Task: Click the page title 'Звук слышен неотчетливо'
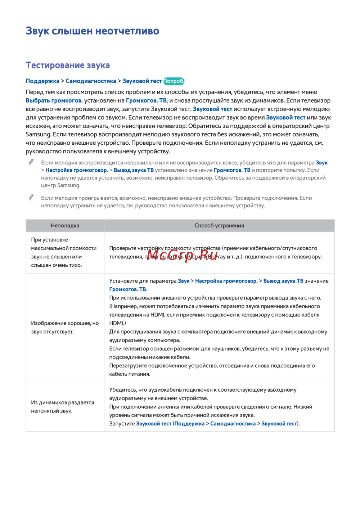click(x=92, y=31)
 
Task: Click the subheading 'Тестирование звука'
click(x=68, y=65)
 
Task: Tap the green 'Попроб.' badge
click(x=174, y=81)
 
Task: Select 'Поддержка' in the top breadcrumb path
click(x=42, y=81)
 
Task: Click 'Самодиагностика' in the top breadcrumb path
click(x=91, y=81)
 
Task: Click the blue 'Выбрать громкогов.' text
click(x=54, y=100)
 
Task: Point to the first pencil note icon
click(x=32, y=162)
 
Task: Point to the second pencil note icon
click(x=32, y=197)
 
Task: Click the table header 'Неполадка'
click(x=65, y=226)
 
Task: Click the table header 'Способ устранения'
click(x=219, y=226)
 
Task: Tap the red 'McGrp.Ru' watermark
click(x=182, y=256)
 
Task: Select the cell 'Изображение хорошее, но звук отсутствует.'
click(x=65, y=327)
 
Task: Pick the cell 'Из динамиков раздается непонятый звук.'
click(x=62, y=407)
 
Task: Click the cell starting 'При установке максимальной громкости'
click(x=64, y=252)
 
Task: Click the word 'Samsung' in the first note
click(x=68, y=185)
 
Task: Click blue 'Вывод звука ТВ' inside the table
click(x=283, y=281)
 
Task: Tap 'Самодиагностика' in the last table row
click(x=233, y=424)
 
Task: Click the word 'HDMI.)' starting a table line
click(x=118, y=323)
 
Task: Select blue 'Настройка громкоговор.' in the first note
click(x=77, y=170)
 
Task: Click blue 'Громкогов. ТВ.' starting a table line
click(x=128, y=289)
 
